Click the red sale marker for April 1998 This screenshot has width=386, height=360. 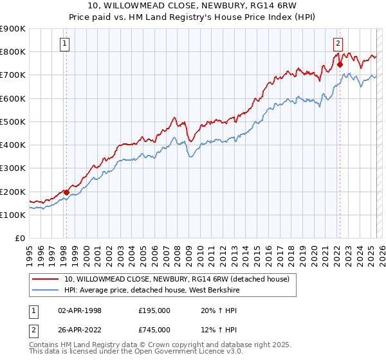point(66,192)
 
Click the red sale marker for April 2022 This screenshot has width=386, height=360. point(340,64)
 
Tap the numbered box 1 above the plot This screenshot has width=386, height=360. point(66,44)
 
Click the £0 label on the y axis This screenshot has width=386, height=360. point(20,238)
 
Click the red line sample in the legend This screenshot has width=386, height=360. point(46,279)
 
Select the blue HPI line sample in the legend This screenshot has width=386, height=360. point(46,290)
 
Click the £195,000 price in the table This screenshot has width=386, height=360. point(154,310)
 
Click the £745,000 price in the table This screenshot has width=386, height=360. point(154,330)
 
